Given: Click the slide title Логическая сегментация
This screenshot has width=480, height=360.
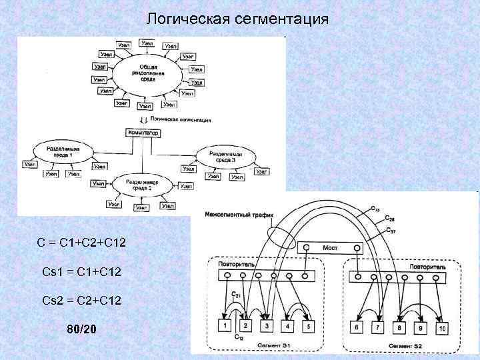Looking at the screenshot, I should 237,19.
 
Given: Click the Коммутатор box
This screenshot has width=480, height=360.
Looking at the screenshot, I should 143,133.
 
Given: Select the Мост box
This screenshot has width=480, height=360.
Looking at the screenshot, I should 331,247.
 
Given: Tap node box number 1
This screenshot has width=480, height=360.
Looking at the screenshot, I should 225,326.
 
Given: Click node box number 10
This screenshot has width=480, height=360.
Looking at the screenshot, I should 442,328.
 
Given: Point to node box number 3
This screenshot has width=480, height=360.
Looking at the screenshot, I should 266,326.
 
